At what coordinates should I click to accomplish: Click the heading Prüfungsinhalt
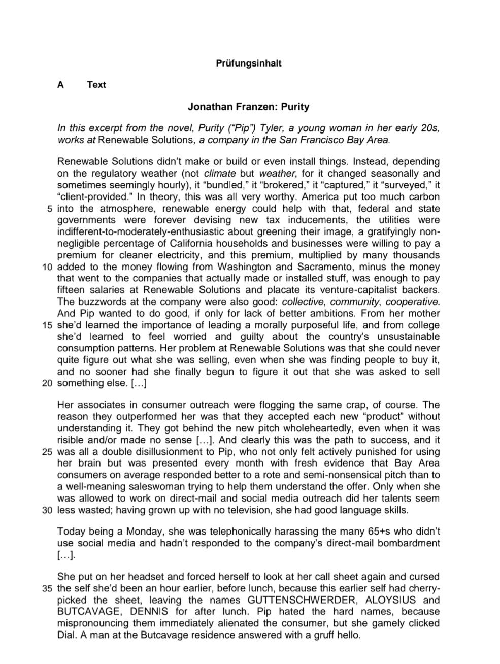249,63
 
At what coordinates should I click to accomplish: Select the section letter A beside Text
60,85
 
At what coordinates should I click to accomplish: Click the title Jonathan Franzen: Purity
248,107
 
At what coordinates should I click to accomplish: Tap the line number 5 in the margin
50,209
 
